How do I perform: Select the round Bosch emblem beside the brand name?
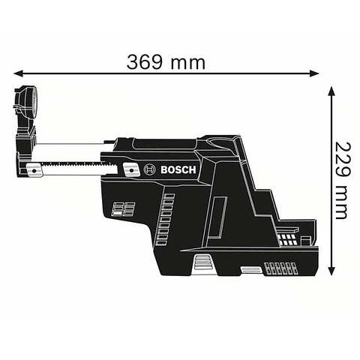pyautogui.click(x=150, y=171)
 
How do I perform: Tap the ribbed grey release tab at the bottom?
pyautogui.click(x=202, y=262)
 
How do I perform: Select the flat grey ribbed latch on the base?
pyautogui.click(x=250, y=268)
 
